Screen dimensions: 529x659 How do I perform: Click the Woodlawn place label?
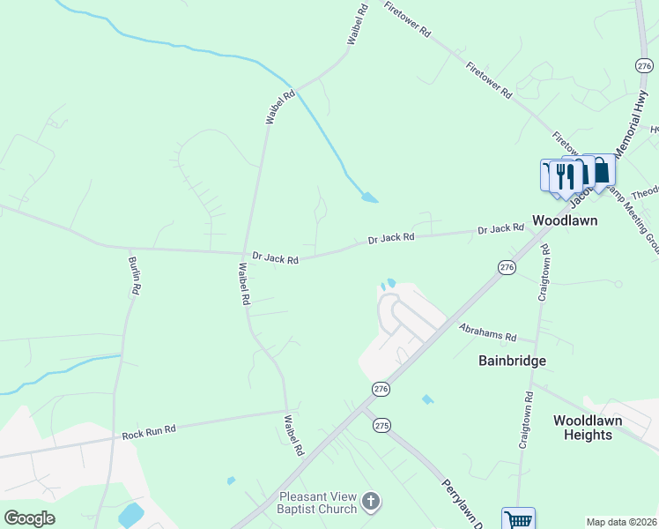[565, 220]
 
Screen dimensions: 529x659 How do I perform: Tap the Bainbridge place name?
[512, 361]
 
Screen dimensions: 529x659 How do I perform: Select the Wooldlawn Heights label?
[588, 428]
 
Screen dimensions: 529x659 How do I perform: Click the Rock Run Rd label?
[149, 430]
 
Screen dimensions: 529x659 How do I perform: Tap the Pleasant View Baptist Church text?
[318, 503]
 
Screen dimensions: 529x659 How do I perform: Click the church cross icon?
[371, 503]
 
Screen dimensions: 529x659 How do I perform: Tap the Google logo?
[29, 518]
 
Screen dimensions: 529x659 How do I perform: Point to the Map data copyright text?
[620, 522]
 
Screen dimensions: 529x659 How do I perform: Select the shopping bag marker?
[602, 169]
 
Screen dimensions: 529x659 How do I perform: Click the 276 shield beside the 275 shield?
[381, 389]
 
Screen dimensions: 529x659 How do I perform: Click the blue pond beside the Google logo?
[132, 515]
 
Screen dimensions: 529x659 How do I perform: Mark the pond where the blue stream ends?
[370, 197]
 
